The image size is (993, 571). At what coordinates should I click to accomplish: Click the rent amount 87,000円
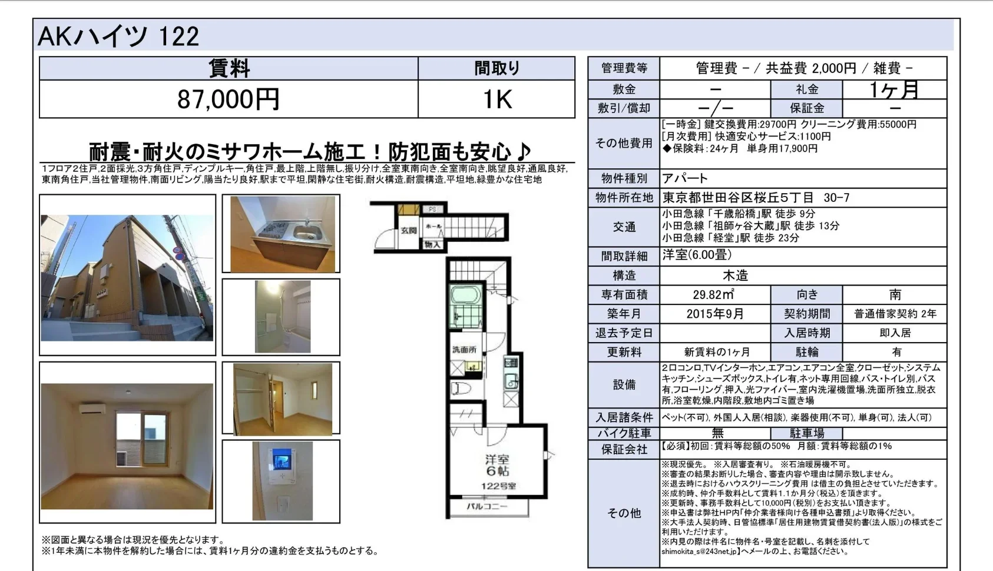(x=229, y=99)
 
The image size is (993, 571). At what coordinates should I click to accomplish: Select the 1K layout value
(x=497, y=99)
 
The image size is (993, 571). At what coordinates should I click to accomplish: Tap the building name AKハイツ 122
(x=118, y=36)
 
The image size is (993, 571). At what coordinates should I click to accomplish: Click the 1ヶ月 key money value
(x=894, y=89)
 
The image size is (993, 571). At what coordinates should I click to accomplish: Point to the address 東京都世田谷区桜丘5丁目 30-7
(x=756, y=198)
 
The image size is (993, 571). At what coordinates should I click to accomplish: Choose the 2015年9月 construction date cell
(x=715, y=314)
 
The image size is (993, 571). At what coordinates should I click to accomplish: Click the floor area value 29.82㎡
(x=714, y=294)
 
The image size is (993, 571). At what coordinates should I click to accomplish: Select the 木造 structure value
(x=736, y=275)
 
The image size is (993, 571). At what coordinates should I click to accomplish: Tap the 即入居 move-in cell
(x=895, y=333)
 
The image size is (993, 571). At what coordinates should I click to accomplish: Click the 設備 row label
(x=624, y=385)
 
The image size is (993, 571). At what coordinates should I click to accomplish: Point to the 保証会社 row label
(x=624, y=450)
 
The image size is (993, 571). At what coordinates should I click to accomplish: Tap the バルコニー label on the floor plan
(x=486, y=506)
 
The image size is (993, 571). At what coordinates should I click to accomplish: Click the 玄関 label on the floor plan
(x=408, y=230)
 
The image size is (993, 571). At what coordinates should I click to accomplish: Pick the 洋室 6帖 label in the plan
(x=498, y=465)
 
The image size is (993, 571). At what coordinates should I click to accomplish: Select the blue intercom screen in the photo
(x=282, y=459)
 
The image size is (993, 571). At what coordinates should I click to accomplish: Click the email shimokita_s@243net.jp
(x=699, y=552)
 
